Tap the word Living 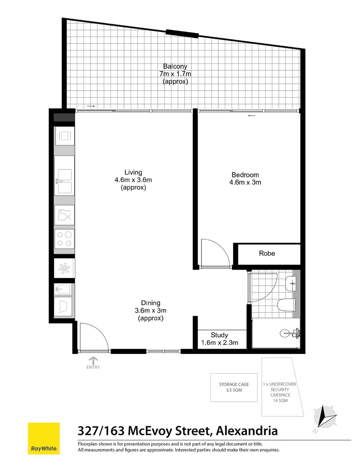(134, 173)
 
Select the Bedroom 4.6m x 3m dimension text (245, 182)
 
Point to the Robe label (267, 254)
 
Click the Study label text (219, 335)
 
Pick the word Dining (150, 303)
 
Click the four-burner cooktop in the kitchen (64, 239)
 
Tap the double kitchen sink (64, 182)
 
